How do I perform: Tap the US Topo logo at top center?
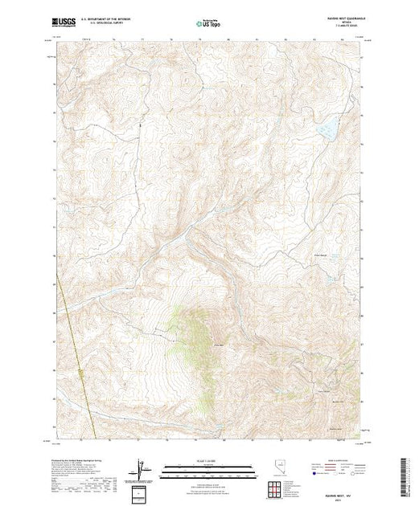point(210,24)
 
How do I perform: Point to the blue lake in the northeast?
point(327,128)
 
